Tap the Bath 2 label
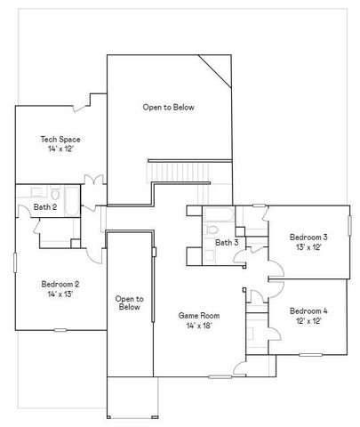(45, 207)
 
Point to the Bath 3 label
(227, 242)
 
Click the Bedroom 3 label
(308, 237)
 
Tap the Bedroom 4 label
(308, 310)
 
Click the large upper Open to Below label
(168, 107)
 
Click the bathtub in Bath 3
(217, 213)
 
